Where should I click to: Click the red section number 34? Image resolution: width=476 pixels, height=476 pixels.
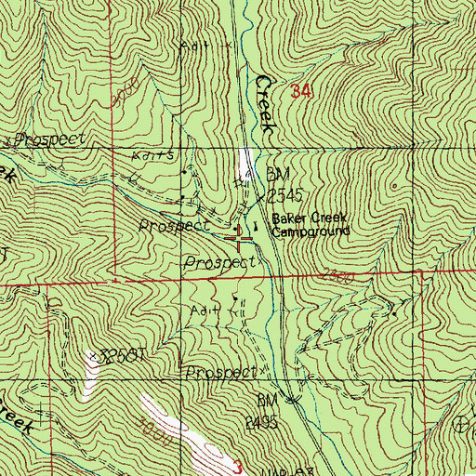point(299,92)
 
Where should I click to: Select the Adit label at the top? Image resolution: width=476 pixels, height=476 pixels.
point(197,44)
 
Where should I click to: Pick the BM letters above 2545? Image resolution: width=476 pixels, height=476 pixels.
point(274,173)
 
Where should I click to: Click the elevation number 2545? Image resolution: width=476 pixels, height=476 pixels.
point(285,196)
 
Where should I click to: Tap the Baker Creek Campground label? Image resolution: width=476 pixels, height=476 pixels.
point(311,226)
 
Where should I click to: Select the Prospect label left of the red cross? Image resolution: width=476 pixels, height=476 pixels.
point(171,226)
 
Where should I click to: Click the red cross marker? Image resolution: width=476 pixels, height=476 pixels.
point(243,239)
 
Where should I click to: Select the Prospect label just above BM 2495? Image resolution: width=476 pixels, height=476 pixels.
point(219,372)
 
